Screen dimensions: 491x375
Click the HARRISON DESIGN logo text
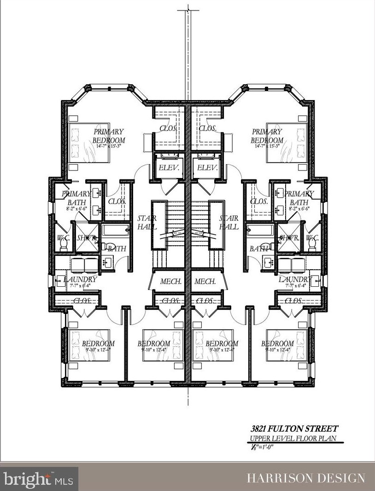pyautogui.click(x=306, y=478)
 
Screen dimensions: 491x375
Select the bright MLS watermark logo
pyautogui.click(x=40, y=478)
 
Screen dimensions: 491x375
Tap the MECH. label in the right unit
pyautogui.click(x=205, y=281)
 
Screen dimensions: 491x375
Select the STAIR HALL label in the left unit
pyautogui.click(x=147, y=222)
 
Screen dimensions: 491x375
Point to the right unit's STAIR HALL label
pyautogui.click(x=229, y=222)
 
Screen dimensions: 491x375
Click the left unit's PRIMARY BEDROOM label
pyautogui.click(x=109, y=136)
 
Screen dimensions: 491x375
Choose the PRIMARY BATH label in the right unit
pyautogui.click(x=299, y=198)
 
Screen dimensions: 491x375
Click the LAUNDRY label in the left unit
pyautogui.click(x=80, y=279)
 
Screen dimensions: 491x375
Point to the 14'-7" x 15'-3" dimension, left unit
pyautogui.click(x=109, y=146)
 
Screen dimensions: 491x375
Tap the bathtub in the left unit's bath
pyautogui.click(x=113, y=230)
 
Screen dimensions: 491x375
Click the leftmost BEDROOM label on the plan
pyautogui.click(x=98, y=343)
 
